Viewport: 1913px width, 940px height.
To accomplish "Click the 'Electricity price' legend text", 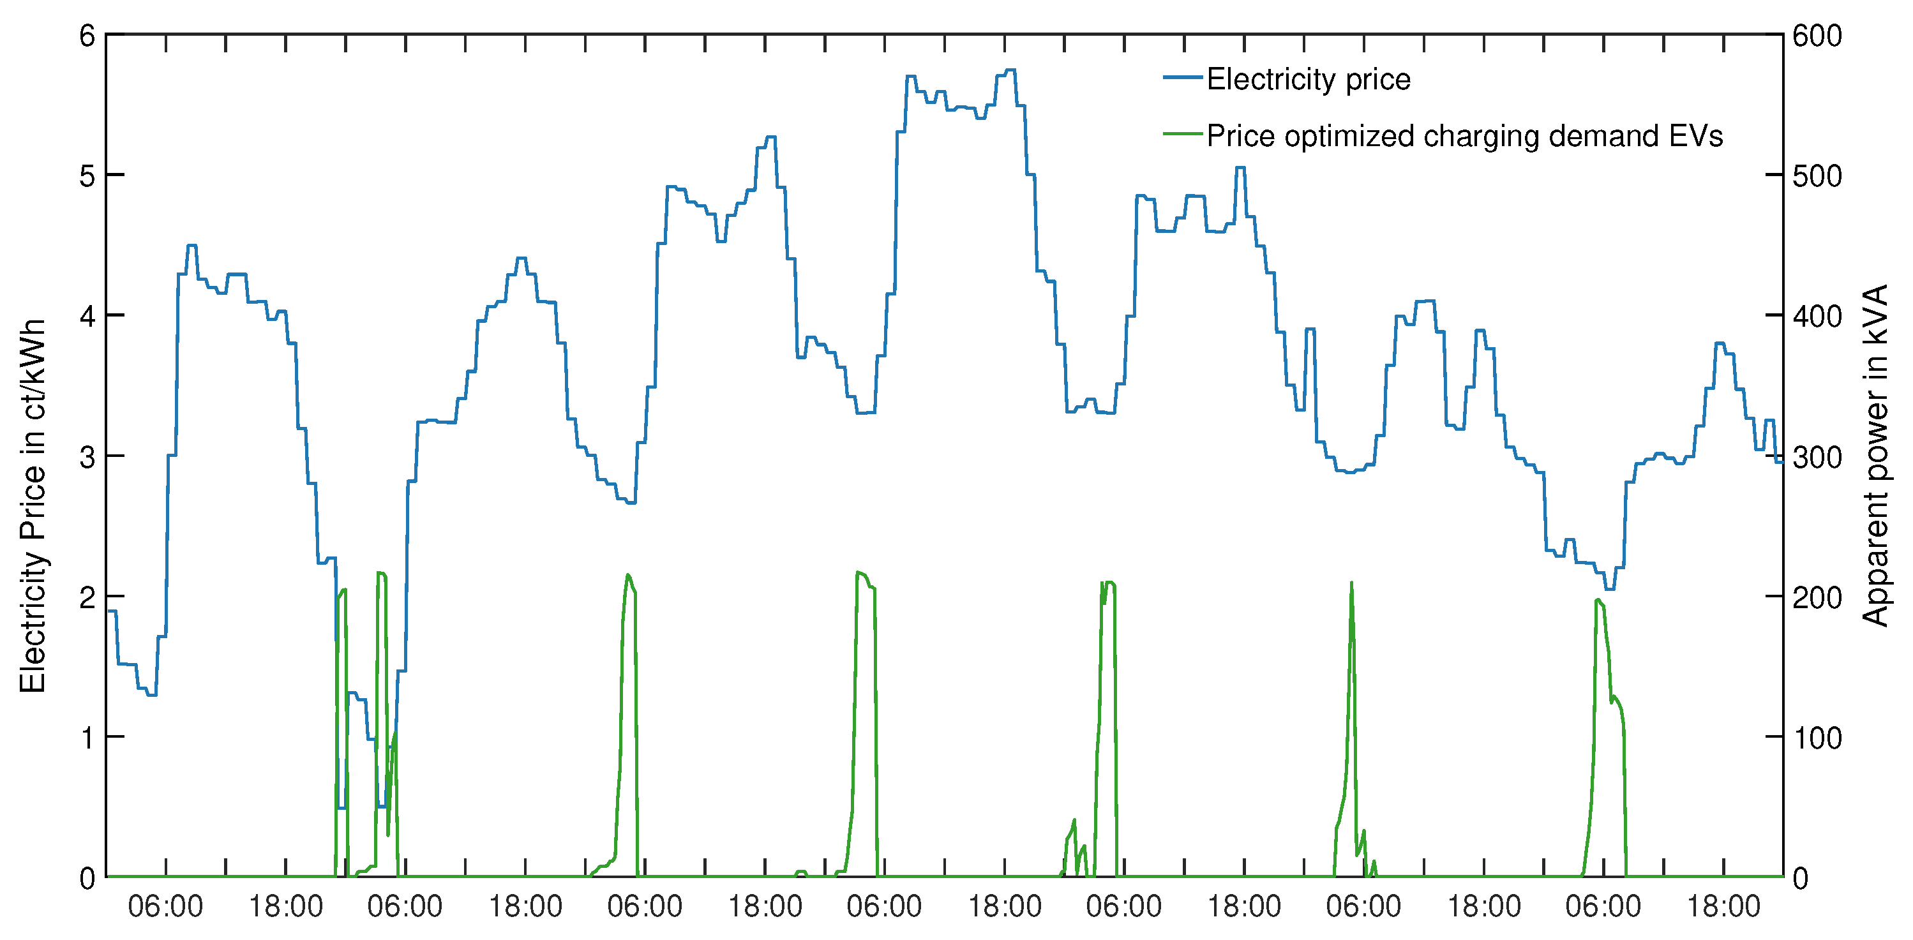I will [1308, 79].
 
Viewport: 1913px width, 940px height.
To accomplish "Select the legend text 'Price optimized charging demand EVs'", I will [1464, 136].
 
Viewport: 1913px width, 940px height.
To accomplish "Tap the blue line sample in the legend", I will [1182, 77].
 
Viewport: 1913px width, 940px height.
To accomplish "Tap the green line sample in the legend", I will [1182, 135].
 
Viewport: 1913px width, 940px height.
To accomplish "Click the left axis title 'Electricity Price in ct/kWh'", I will [33, 507].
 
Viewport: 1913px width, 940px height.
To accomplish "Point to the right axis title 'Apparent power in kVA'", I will [1876, 456].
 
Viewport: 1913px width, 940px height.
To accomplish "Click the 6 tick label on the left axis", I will [87, 36].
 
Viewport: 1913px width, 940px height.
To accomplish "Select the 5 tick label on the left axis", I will [87, 176].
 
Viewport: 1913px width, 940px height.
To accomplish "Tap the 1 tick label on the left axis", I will [87, 737].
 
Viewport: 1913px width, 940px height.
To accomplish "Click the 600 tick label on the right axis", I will [1817, 36].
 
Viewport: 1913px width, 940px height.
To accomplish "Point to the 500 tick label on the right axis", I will [1817, 176].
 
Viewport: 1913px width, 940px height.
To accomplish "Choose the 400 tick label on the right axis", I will [1817, 317].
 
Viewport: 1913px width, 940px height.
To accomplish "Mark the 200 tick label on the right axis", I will [1817, 597].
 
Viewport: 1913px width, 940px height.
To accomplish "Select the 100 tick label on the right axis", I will [1817, 737].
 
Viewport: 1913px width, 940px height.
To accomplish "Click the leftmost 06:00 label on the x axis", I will [165, 907].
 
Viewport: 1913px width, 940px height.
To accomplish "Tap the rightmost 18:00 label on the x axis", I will [1723, 907].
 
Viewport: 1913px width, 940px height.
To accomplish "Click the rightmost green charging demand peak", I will [1598, 600].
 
